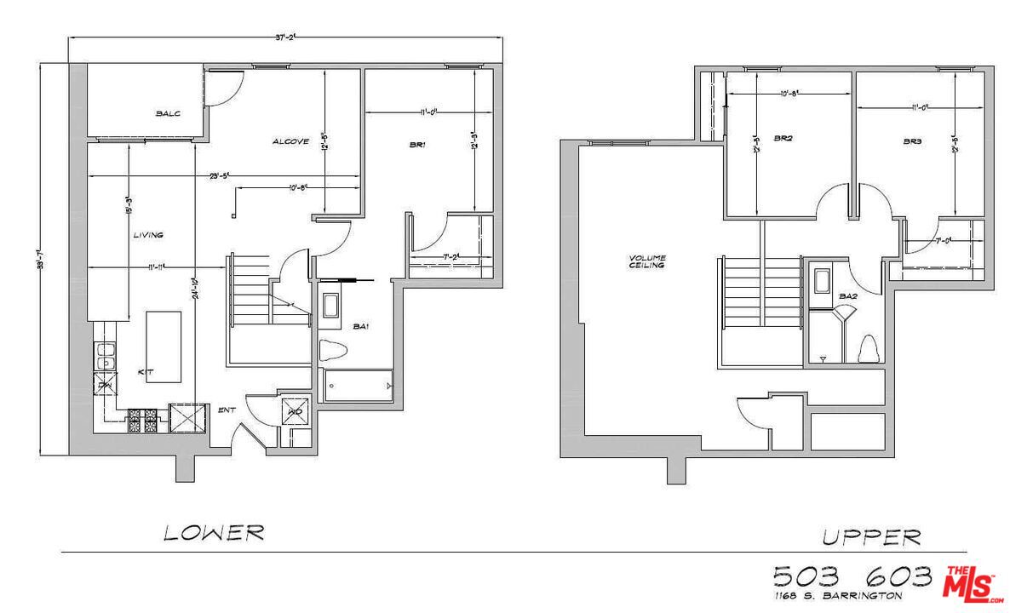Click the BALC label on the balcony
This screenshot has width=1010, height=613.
(168, 112)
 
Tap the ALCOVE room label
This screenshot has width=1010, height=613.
(290, 141)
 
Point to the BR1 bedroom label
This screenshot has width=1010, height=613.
(417, 146)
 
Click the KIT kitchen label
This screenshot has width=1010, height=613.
(146, 373)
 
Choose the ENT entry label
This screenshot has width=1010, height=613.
(226, 410)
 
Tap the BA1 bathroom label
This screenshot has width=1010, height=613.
(362, 326)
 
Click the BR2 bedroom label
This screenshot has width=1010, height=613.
(783, 138)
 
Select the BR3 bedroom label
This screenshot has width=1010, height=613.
(913, 140)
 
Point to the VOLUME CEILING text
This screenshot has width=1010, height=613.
(647, 261)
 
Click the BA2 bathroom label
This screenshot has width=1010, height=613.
(847, 296)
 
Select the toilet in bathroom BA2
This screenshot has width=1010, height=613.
(869, 349)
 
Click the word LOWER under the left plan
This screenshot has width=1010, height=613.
(214, 534)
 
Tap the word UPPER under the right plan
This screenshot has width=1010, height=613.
(870, 537)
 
